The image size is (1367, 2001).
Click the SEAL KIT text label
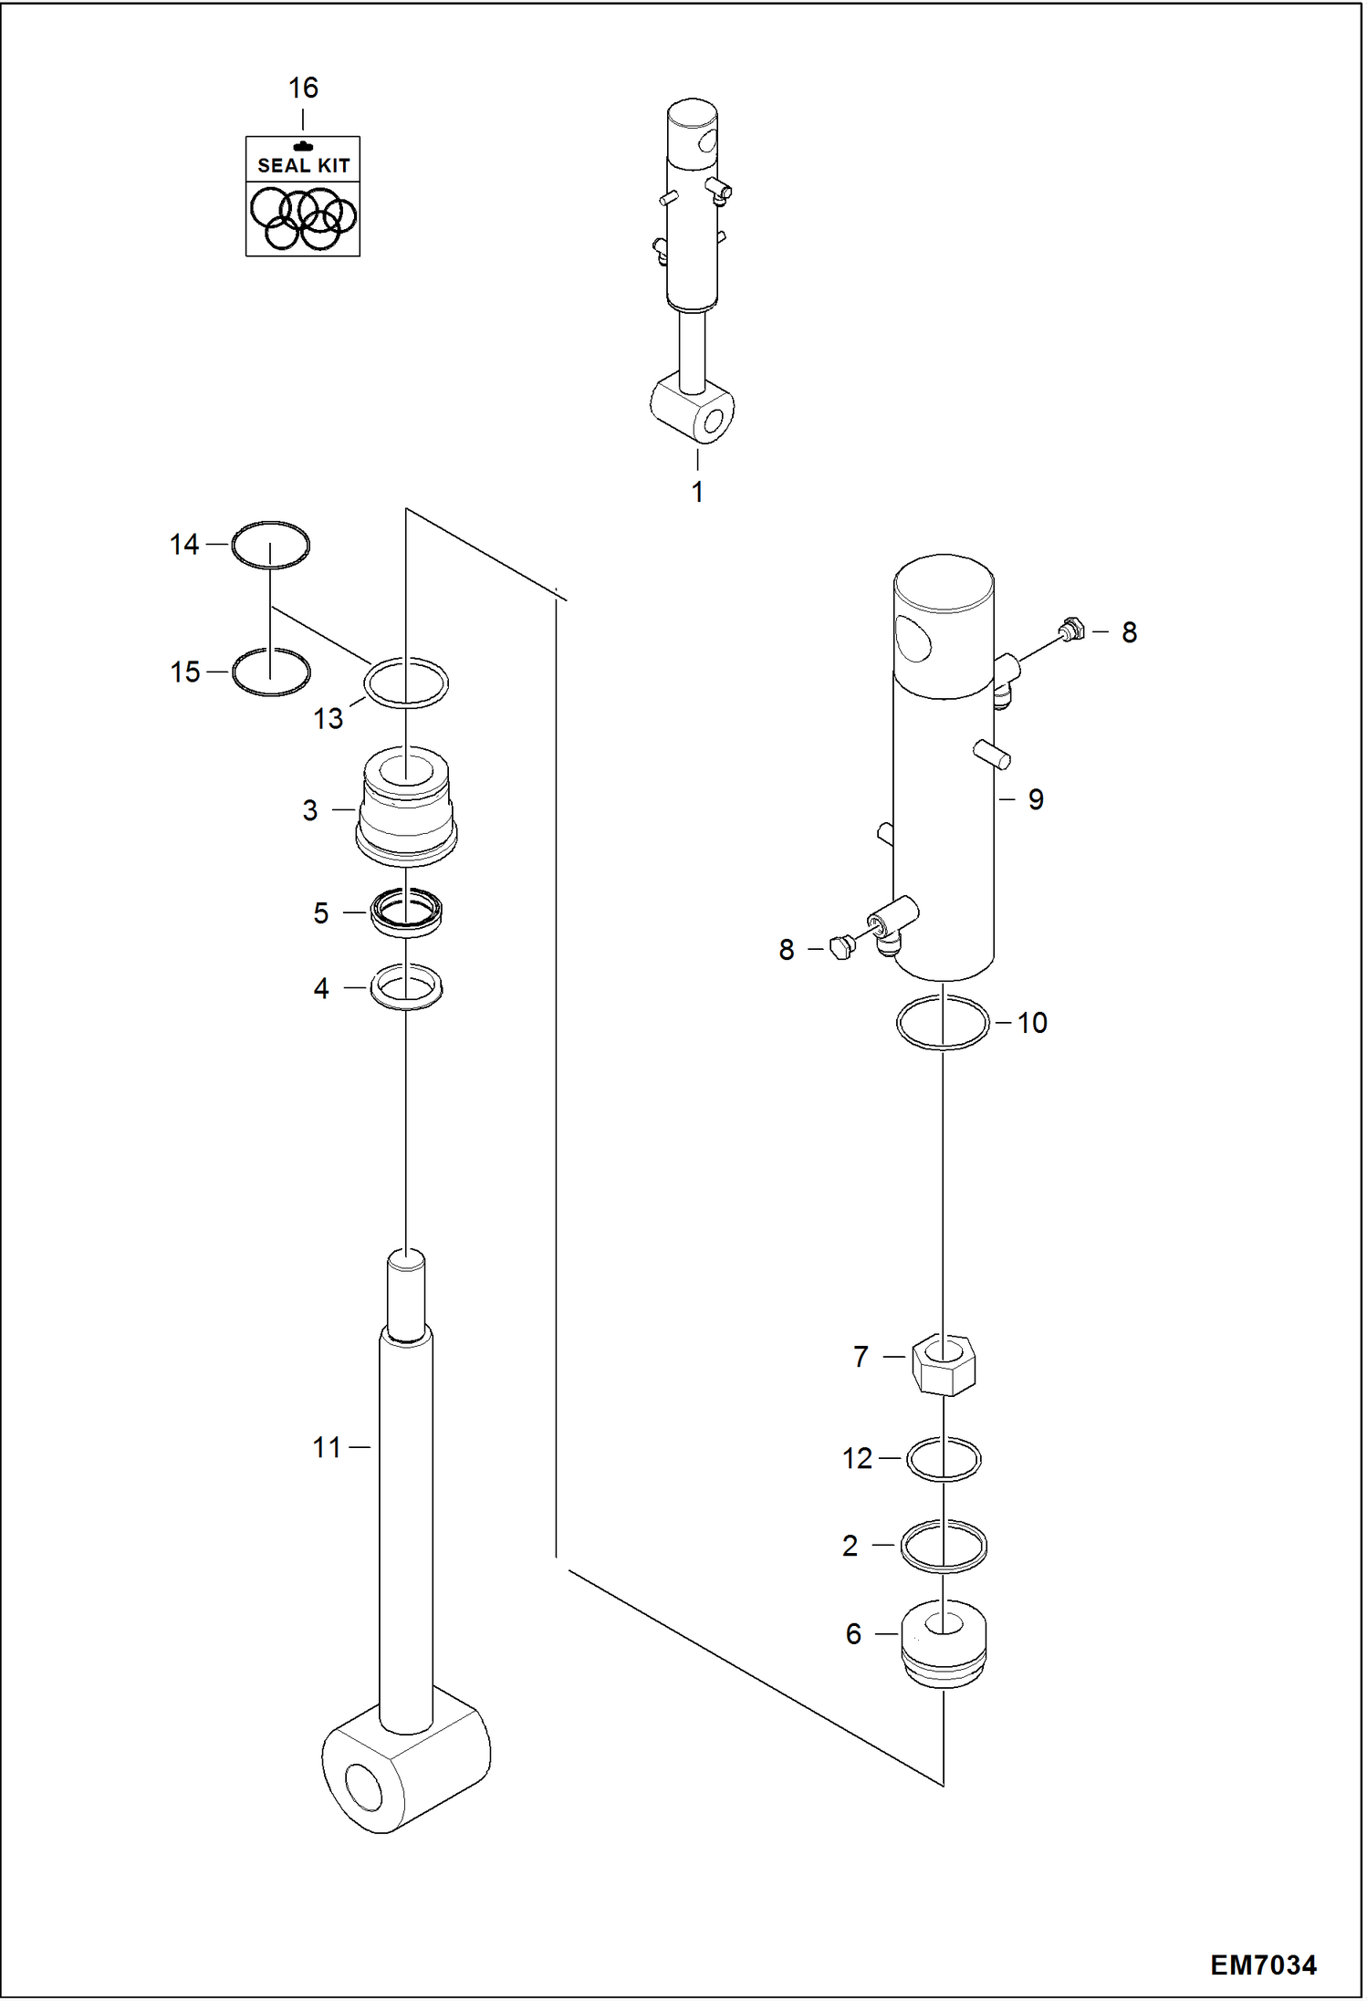303,165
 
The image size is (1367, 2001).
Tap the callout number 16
303,89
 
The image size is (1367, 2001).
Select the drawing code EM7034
1263,1965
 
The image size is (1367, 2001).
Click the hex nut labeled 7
943,1364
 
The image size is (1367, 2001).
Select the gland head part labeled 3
406,808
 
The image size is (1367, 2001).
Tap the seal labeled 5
406,912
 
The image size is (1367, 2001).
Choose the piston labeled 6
943,1642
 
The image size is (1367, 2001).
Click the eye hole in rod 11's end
363,1786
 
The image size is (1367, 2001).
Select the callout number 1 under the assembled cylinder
697,493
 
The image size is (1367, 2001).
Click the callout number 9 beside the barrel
1036,799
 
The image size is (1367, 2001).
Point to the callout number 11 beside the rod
326,1447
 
